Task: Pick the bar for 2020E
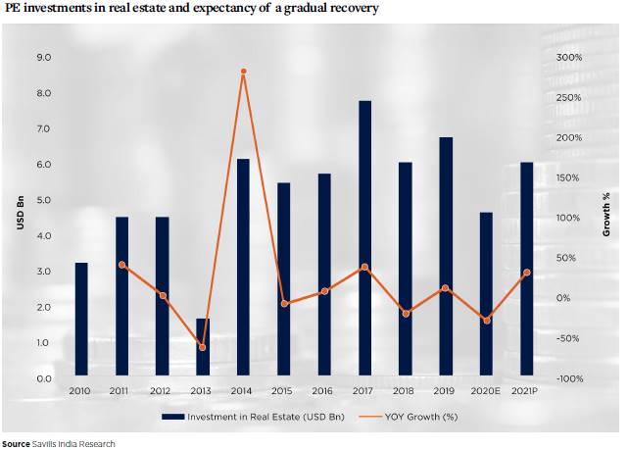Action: (486, 293)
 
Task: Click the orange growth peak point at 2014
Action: (243, 72)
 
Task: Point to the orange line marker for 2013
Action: (203, 347)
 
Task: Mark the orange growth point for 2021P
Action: (526, 273)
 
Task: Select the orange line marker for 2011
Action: (121, 265)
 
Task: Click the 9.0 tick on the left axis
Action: (44, 58)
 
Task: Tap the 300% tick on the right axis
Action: (568, 58)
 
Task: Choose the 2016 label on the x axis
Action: (323, 392)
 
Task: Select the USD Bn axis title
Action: (19, 218)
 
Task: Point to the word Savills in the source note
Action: (47, 444)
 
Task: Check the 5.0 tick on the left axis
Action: (44, 200)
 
